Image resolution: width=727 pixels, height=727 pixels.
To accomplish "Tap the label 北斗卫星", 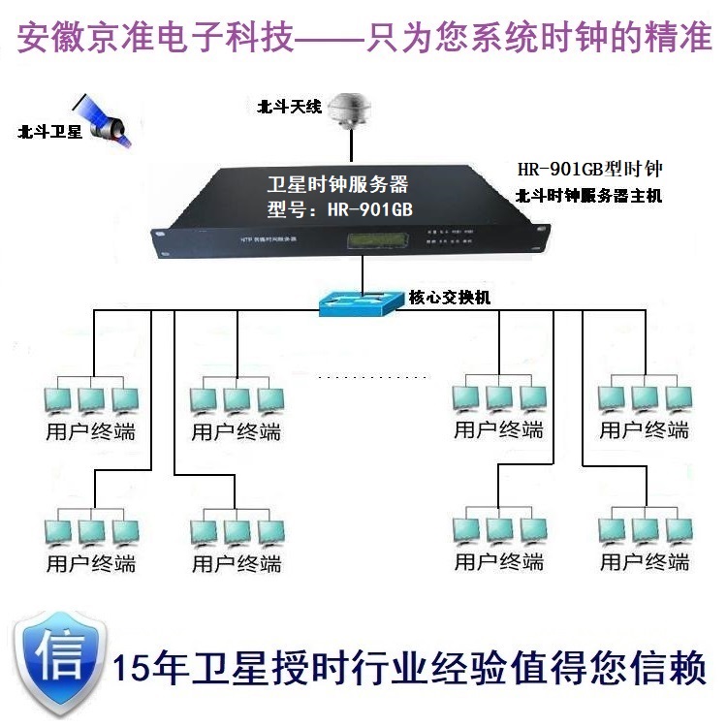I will click(49, 133).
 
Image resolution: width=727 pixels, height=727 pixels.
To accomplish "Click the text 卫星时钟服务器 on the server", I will click(336, 184).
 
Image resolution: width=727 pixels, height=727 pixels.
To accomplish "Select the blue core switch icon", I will click(360, 302).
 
